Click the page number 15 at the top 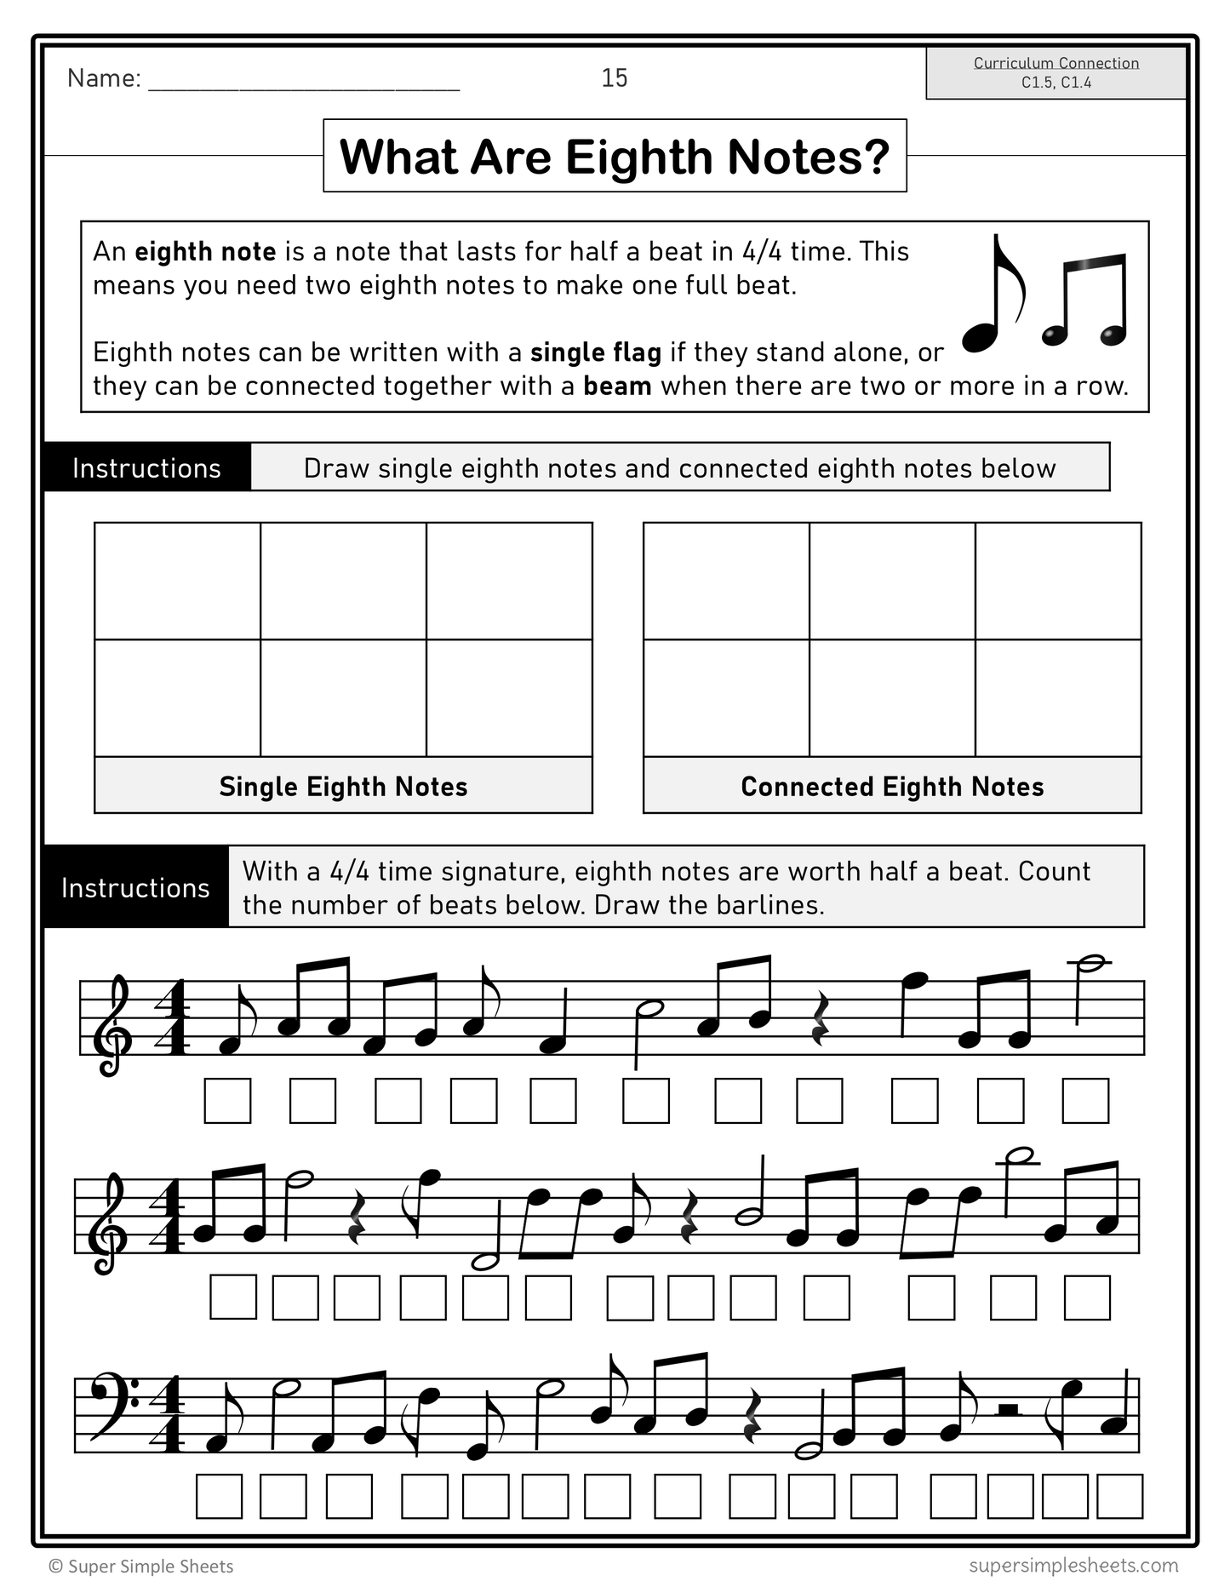tap(614, 78)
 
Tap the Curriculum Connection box tap(1056, 73)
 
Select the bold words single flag tap(595, 352)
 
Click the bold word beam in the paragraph tap(617, 387)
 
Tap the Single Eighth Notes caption tap(343, 787)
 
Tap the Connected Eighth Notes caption tap(892, 787)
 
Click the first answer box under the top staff tap(227, 1101)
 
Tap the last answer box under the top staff tap(1085, 1101)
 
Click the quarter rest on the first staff tap(820, 1019)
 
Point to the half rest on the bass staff tap(1008, 1410)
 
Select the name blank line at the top tap(304, 80)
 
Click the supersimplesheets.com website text tap(1073, 1565)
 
